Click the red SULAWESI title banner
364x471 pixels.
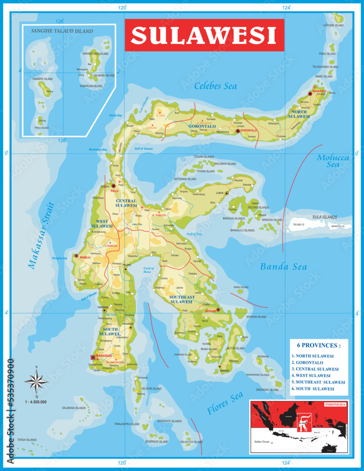(x=204, y=35)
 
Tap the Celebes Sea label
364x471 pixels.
(x=215, y=86)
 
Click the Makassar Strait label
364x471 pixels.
(x=41, y=235)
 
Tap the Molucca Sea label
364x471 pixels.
(x=333, y=161)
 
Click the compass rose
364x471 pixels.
(x=36, y=380)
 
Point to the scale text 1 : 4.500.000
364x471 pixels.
(x=36, y=402)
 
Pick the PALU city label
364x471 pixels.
(x=113, y=191)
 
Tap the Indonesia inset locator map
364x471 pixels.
(x=299, y=426)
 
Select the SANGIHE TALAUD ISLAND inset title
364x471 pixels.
(x=62, y=31)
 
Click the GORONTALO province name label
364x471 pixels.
(x=202, y=126)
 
